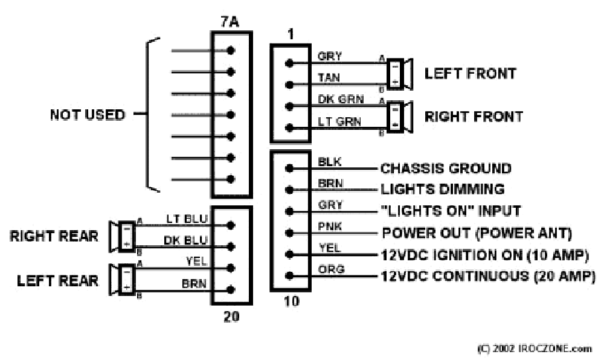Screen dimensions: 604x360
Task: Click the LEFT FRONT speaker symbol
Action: coord(399,74)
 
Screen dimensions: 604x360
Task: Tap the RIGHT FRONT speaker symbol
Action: coord(399,117)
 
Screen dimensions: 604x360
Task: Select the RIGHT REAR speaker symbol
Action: coord(122,236)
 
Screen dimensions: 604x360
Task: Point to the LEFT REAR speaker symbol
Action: coord(122,280)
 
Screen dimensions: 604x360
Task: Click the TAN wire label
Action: coord(329,78)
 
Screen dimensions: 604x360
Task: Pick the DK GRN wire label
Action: coord(341,99)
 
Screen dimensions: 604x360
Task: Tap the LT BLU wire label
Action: coord(187,219)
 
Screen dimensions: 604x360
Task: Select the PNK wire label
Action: coord(330,226)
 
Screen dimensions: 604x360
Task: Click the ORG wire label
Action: coord(331,269)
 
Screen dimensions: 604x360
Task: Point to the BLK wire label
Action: coord(329,162)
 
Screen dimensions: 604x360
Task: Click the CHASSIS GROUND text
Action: coord(446,169)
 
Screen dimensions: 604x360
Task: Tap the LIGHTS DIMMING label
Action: coord(443,189)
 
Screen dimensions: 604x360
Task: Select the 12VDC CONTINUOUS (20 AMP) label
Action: coord(488,276)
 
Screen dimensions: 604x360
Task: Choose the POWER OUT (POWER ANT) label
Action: coord(477,233)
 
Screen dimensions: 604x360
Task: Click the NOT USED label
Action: coord(88,115)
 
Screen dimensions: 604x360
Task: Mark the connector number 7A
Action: coord(230,22)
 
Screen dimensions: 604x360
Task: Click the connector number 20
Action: coord(231,317)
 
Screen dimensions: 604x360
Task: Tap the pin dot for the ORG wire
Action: coord(289,275)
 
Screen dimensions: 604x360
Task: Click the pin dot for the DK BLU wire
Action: coord(231,246)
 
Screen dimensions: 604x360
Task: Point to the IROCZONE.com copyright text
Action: coord(535,349)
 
